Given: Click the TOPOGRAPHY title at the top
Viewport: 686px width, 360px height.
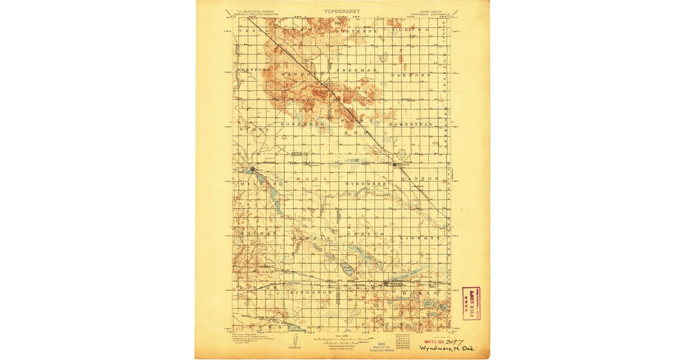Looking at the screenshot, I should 342,11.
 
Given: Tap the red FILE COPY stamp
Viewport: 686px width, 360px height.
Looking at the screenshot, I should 471,303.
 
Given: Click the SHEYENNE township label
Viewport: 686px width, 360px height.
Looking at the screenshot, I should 357,30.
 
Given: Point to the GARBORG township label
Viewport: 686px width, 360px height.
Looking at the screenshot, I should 410,75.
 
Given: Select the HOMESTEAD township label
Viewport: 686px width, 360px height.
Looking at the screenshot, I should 410,124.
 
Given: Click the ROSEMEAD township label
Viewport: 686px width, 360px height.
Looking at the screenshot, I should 303,124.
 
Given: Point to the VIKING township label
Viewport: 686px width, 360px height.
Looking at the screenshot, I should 414,30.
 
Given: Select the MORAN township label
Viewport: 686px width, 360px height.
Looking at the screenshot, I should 418,292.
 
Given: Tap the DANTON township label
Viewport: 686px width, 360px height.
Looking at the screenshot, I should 420,178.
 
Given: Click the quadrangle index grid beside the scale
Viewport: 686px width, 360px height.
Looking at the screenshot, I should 404,339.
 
